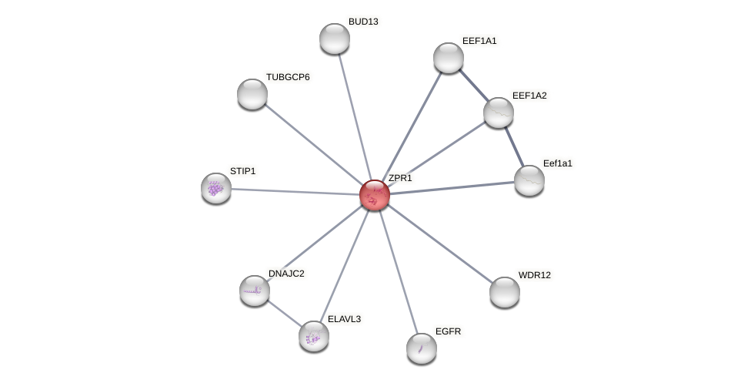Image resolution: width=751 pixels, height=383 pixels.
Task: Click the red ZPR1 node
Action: point(375,195)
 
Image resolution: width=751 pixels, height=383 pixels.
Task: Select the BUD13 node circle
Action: point(335,39)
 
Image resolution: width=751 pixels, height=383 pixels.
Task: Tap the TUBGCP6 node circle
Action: point(252,94)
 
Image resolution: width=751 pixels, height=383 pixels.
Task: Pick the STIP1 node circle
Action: point(216,188)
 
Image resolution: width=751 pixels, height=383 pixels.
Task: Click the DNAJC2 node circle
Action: point(255,291)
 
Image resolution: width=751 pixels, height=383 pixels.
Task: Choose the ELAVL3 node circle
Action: point(314,336)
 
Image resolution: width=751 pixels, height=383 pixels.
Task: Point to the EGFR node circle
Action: point(422,348)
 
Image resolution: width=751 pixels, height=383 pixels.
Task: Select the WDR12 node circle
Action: point(505,292)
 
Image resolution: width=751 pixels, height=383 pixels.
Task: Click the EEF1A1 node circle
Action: point(449,58)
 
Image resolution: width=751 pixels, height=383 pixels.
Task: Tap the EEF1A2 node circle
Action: point(499,113)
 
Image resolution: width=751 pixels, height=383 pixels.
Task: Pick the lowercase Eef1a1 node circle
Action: point(529,180)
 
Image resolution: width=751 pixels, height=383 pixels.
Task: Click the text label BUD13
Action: point(363,22)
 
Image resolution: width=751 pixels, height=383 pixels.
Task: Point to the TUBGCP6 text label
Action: point(288,77)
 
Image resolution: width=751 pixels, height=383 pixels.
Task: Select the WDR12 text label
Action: point(534,275)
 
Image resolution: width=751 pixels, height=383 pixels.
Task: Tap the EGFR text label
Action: point(448,331)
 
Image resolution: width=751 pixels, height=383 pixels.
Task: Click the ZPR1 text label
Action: point(400,178)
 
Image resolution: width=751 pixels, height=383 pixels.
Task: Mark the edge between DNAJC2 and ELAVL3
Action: point(285,314)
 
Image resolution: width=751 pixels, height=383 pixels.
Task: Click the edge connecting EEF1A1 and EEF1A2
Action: point(474,86)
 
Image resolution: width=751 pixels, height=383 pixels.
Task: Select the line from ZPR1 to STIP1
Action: point(295,191)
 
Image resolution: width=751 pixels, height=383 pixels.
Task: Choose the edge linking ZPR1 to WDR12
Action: point(440,244)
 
